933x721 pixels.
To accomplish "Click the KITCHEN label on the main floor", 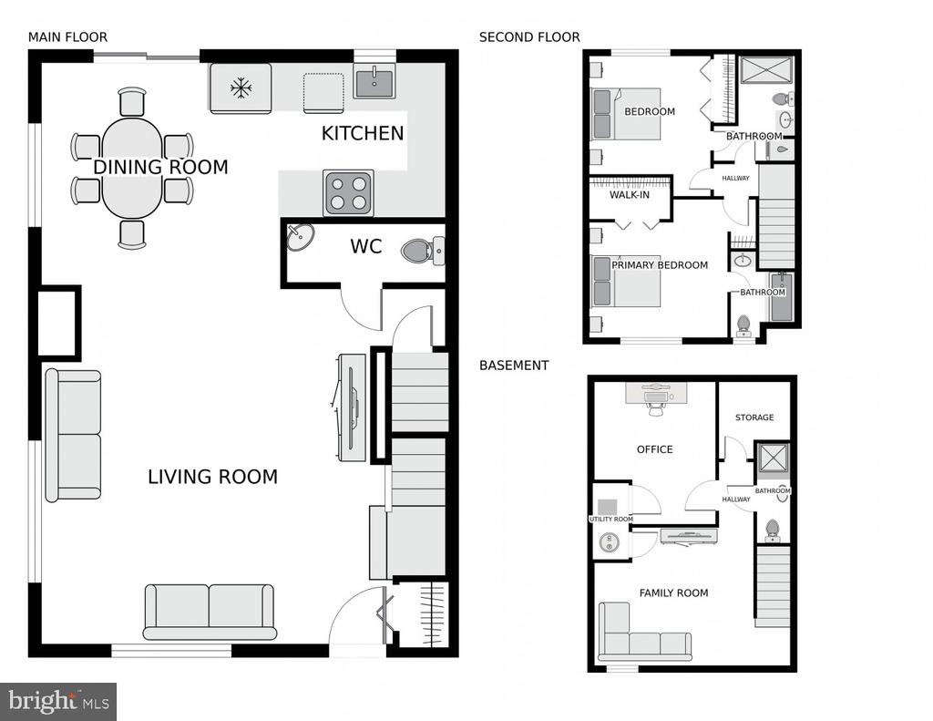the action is click(363, 133).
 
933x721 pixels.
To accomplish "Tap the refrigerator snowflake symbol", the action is click(241, 88).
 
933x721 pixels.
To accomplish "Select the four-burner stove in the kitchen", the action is click(348, 193).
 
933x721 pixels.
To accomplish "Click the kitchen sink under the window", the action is click(374, 83).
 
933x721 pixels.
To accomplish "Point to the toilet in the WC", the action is click(423, 251).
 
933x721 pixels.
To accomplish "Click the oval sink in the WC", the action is click(301, 238).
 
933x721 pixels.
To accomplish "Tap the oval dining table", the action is click(131, 168).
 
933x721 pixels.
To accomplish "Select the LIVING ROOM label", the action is click(212, 477).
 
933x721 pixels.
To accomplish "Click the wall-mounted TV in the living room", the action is click(352, 407).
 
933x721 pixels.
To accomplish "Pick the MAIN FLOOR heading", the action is click(67, 36).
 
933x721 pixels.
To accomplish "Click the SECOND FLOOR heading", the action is click(529, 36).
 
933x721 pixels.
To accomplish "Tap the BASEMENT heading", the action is click(514, 365).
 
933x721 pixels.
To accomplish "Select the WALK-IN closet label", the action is click(630, 195).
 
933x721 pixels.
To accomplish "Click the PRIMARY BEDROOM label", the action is click(660, 265).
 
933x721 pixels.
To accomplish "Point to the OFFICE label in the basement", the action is click(654, 449).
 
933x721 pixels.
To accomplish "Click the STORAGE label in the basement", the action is click(754, 417).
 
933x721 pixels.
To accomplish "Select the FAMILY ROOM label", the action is click(673, 593).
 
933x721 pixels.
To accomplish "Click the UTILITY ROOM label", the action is click(611, 520).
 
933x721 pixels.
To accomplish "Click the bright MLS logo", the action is click(58, 701).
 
